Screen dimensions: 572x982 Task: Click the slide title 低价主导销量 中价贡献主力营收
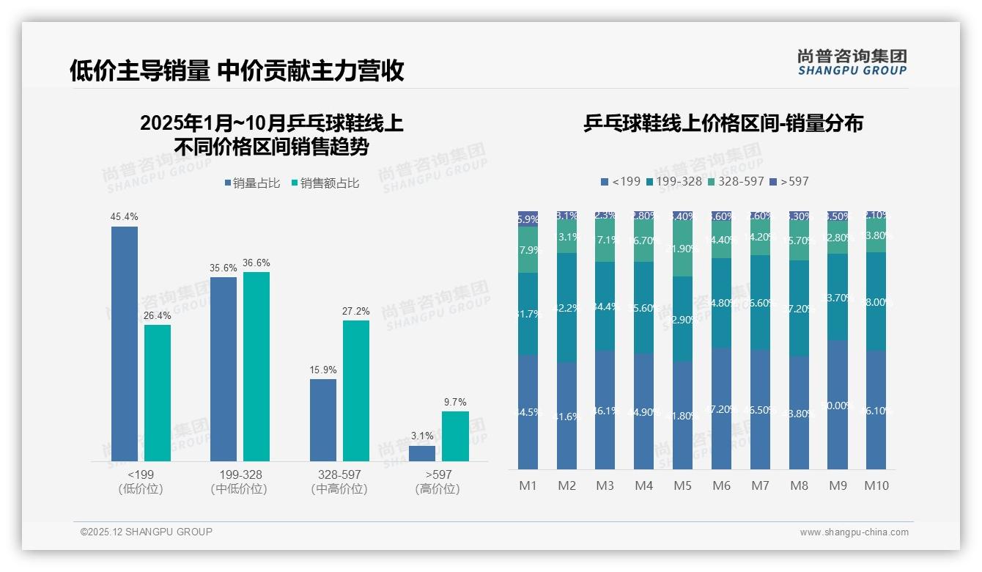237,71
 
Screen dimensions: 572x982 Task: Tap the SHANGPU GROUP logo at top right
852,62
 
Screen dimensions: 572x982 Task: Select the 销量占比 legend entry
252,183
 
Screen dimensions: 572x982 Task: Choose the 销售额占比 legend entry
325,183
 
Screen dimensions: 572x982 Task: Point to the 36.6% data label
256,263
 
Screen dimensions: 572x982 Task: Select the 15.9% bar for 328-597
323,419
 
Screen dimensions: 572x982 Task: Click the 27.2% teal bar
356,390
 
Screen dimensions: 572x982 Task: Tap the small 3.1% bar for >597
422,453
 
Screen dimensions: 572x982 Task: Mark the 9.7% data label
455,403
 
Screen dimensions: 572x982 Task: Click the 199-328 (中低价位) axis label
239,482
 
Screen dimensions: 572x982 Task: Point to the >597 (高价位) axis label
438,482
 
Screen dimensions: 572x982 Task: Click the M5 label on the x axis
683,485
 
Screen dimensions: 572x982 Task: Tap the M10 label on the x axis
876,485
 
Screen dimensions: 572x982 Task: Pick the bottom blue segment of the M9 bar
838,405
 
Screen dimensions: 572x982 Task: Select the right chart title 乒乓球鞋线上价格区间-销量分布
723,123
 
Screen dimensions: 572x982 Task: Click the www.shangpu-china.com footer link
854,532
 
